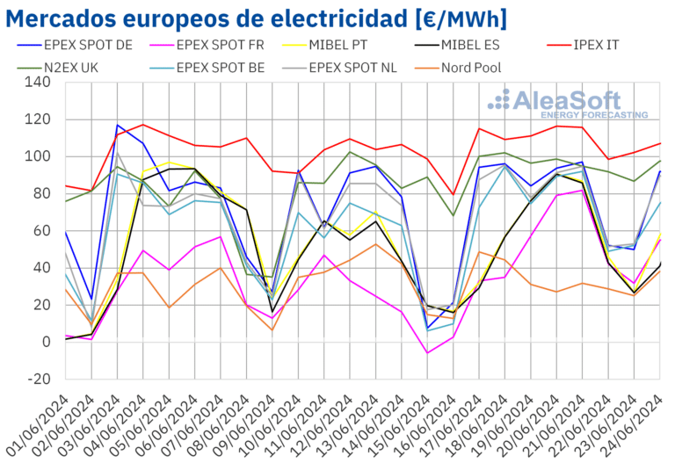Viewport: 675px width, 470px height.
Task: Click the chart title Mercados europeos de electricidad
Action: [260, 18]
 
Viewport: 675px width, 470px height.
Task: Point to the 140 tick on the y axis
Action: [40, 83]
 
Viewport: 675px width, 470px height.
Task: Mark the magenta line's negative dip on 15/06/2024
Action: [427, 353]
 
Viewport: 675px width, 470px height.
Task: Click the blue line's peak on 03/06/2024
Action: [117, 125]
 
